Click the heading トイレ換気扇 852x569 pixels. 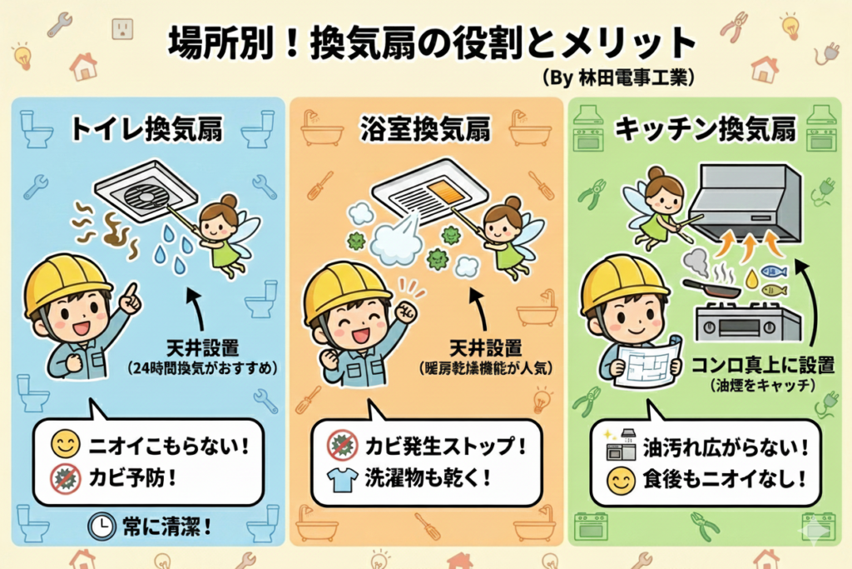pos(146,130)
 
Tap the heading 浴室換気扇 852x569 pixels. pos(425,130)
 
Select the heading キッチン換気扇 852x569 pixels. pos(706,130)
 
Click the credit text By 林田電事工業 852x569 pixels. pos(619,77)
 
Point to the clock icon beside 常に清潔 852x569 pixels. pos(102,526)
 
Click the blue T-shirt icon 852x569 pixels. pos(342,479)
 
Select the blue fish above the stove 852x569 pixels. pos(774,271)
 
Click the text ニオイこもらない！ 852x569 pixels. pos(169,446)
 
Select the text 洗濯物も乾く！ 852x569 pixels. pos(428,478)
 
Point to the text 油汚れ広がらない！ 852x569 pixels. pos(726,447)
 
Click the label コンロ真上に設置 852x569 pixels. pos(762,364)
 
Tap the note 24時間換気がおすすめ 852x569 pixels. pos(203,368)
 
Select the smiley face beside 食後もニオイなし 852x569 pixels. pos(621,480)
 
